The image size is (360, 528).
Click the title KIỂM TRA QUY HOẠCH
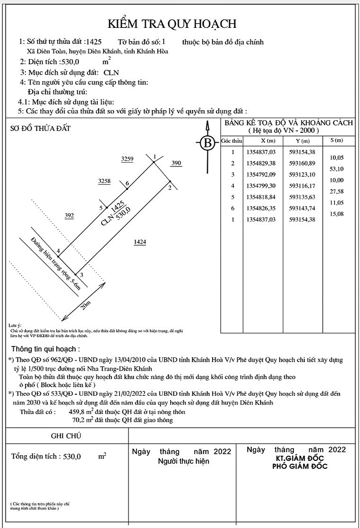click(x=172, y=24)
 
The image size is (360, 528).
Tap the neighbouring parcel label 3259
click(x=128, y=159)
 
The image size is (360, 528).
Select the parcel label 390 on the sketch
click(x=176, y=163)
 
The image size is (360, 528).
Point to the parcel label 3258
click(x=104, y=181)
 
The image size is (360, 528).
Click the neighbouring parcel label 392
click(x=69, y=216)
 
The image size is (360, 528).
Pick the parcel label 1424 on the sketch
click(x=140, y=242)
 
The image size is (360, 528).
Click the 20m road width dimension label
click(x=86, y=305)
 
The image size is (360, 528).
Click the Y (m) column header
click(x=302, y=141)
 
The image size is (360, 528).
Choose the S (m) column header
click(x=337, y=140)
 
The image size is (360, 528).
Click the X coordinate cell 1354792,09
click(x=261, y=175)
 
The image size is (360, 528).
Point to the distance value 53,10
click(x=337, y=169)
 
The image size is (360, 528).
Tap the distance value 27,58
click(x=337, y=191)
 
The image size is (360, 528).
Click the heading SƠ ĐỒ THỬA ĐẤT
click(x=41, y=128)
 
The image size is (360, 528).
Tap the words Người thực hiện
click(x=184, y=461)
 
